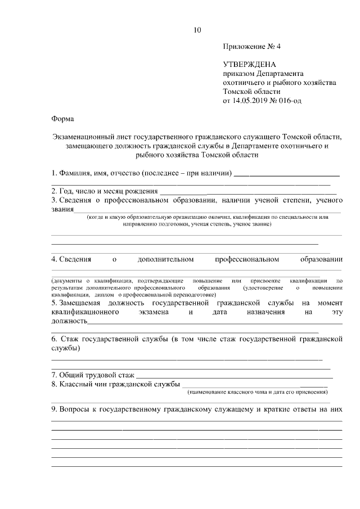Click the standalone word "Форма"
62,119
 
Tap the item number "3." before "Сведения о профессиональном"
54,200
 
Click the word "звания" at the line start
62,210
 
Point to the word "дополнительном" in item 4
165,259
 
